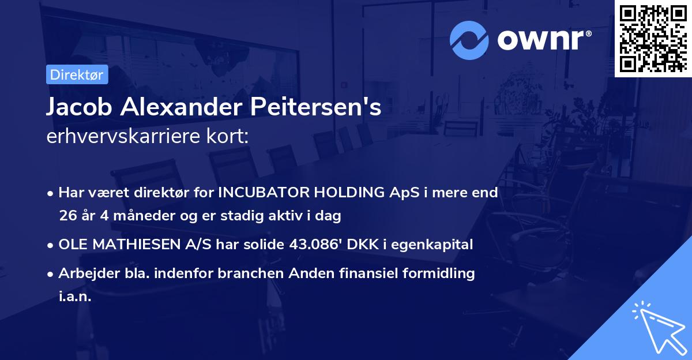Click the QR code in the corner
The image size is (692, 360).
[x=653, y=38]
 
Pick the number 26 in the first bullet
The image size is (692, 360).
[x=67, y=216]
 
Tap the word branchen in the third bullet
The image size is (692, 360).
[x=245, y=273]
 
